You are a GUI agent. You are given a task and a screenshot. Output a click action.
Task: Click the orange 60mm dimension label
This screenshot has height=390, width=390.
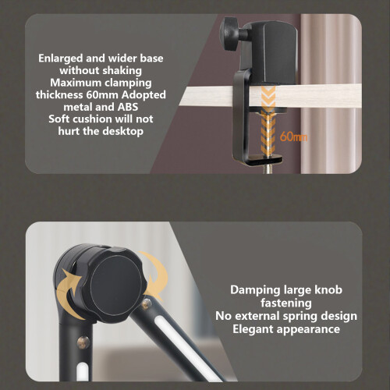293,136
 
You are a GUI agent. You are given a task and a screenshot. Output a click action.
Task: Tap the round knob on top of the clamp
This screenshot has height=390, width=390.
229,34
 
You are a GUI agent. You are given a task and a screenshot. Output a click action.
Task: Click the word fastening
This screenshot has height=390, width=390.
286,303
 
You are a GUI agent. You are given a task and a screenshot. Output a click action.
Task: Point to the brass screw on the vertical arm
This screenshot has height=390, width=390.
83,342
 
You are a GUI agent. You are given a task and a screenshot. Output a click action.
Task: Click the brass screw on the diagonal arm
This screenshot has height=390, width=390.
146,303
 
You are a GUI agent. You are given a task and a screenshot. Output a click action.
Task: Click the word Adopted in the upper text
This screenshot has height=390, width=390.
144,95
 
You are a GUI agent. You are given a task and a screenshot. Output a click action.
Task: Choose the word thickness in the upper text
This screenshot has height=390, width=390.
60,95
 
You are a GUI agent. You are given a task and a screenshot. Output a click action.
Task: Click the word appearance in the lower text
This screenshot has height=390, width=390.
308,330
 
